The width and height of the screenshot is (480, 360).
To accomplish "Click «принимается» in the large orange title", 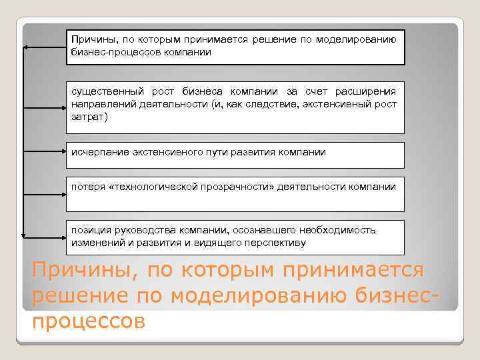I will [353, 272].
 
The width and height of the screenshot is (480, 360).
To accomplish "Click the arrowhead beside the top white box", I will [26, 47].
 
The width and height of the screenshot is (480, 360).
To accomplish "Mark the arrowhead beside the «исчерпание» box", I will [26, 155].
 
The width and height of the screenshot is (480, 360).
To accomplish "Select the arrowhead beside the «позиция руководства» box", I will [26, 235].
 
